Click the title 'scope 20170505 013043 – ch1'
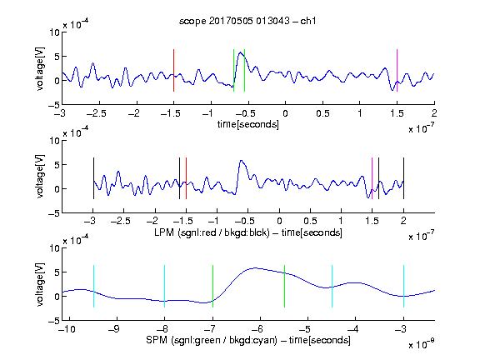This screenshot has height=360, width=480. (x=247, y=21)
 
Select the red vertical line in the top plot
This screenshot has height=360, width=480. (x=173, y=70)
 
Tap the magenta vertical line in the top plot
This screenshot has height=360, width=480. (x=397, y=70)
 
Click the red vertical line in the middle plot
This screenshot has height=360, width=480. (x=186, y=178)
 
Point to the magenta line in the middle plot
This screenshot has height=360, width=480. (x=372, y=178)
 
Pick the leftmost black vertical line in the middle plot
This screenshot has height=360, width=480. (x=93, y=178)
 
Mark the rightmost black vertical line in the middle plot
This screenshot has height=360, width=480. (x=403, y=178)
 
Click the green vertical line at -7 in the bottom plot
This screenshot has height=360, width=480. (x=212, y=286)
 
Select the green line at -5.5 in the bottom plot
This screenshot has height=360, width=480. (x=284, y=286)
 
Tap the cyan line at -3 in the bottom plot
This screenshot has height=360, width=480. (x=403, y=286)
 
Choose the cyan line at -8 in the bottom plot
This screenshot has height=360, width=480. (x=165, y=286)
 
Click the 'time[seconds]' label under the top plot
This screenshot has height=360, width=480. (x=248, y=124)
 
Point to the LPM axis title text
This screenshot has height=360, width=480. (x=248, y=232)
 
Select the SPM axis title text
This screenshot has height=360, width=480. (x=248, y=340)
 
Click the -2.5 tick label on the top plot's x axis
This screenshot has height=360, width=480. (x=96, y=113)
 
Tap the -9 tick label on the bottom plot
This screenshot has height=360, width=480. (x=114, y=329)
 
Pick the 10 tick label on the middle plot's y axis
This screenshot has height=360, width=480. (x=54, y=141)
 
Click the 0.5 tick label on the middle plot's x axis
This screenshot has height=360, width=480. (x=310, y=221)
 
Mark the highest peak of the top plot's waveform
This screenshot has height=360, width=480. (x=241, y=52)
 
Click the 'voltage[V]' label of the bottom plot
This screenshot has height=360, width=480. (x=40, y=284)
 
